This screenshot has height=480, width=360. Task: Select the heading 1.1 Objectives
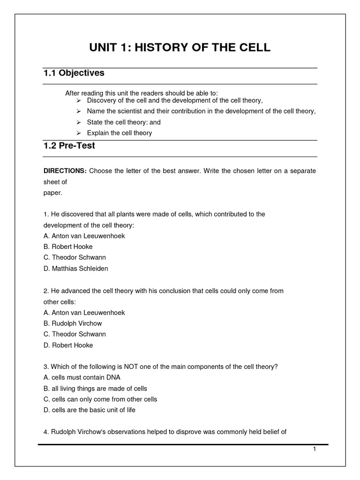coord(74,73)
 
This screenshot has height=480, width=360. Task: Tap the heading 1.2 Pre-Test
coord(69,146)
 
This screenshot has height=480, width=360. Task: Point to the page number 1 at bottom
coord(315,449)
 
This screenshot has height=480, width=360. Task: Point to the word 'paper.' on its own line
coord(52,192)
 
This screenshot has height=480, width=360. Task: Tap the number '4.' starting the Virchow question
coord(46,432)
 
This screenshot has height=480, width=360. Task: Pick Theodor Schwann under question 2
coord(75,334)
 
